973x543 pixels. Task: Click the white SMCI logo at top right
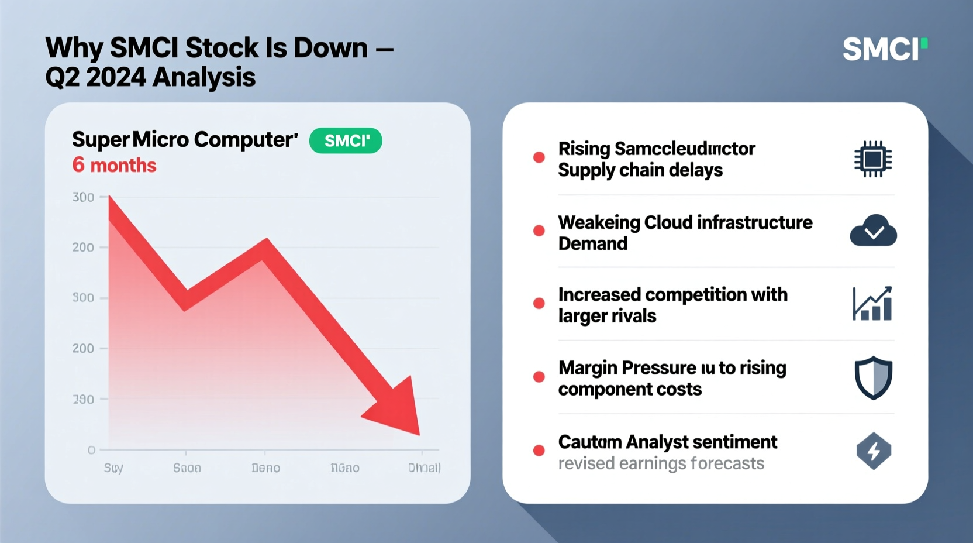point(884,49)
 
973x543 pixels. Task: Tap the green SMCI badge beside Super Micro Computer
point(346,141)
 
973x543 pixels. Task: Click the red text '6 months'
point(114,166)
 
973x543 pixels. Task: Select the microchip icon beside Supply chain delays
point(872,159)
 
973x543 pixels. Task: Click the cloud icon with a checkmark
point(873,231)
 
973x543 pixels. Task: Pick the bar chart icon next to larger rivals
point(872,304)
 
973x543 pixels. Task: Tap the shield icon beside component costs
point(873,378)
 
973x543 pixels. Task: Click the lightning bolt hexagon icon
point(874,451)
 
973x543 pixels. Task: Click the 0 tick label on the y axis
point(91,450)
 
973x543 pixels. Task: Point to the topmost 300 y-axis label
point(83,197)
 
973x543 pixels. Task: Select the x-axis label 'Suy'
point(113,468)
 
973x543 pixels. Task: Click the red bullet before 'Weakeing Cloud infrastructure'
point(539,231)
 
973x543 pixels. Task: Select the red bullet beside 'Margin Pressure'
point(539,377)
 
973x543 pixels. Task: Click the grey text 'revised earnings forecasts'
point(661,463)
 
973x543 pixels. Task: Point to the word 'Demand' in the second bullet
point(592,244)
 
